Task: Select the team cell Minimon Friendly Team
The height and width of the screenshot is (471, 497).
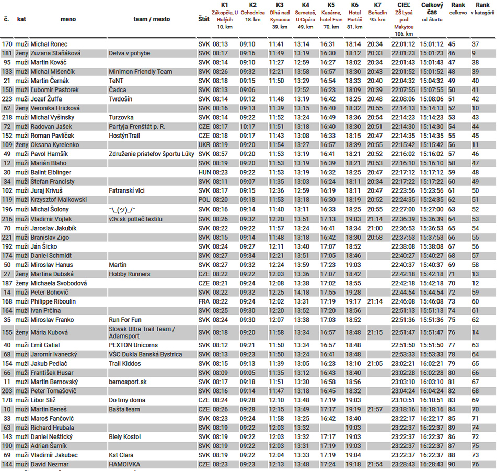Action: tap(140, 72)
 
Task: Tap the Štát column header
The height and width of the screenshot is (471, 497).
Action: tap(204, 19)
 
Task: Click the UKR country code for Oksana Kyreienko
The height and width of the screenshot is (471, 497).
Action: tap(204, 145)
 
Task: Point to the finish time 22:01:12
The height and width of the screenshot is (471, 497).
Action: tap(403, 44)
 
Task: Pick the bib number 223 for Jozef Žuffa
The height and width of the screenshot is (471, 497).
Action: tap(7, 99)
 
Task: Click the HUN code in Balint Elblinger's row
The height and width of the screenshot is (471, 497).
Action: tap(204, 172)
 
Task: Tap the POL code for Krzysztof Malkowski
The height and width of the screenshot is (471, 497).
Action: tap(204, 200)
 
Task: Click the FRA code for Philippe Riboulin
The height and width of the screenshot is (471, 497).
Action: tap(204, 301)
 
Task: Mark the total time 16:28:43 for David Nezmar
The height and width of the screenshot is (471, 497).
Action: tap(432, 464)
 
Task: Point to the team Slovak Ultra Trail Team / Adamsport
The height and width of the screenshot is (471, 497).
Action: tap(142, 332)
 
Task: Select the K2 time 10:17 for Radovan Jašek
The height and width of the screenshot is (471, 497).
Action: tap(247, 127)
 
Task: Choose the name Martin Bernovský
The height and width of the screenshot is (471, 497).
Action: tap(54, 382)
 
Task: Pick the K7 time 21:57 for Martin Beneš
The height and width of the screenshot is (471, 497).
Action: tap(374, 409)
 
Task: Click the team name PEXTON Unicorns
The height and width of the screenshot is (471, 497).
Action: tap(133, 345)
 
